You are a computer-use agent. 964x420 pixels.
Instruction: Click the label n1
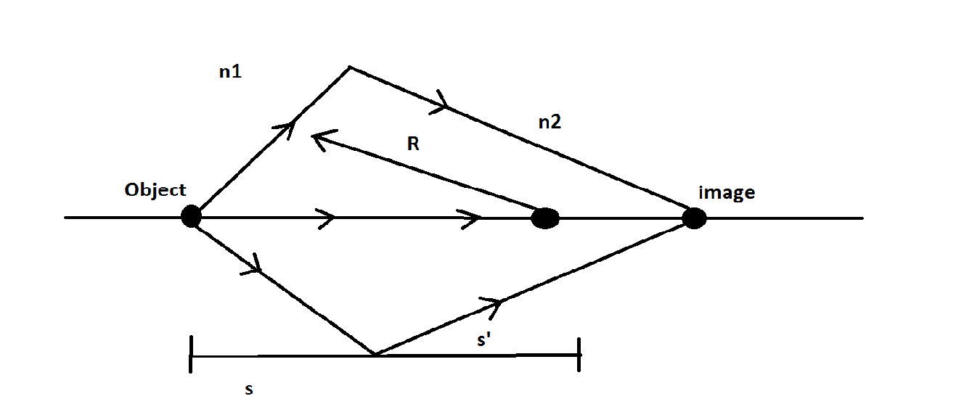click(x=229, y=73)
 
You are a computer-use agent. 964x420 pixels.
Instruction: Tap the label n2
click(x=549, y=123)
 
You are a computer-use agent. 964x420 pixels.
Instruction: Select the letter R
click(x=412, y=144)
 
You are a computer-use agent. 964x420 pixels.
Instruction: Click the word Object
click(x=155, y=190)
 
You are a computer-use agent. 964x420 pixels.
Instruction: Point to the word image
click(x=726, y=193)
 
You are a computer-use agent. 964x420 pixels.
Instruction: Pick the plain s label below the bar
click(x=249, y=390)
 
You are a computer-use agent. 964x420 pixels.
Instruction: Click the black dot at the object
click(x=191, y=216)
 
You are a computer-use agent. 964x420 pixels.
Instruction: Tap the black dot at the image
click(x=694, y=218)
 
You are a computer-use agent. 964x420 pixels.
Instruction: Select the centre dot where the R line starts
click(x=544, y=218)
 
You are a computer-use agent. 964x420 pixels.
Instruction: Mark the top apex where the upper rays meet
click(x=350, y=67)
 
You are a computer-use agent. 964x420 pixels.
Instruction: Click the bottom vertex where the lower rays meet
click(x=374, y=355)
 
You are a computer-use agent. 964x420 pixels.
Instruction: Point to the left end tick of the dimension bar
click(x=190, y=355)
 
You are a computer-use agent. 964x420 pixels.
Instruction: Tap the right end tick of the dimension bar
click(x=579, y=355)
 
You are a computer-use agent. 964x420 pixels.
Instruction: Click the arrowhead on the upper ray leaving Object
click(x=287, y=126)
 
